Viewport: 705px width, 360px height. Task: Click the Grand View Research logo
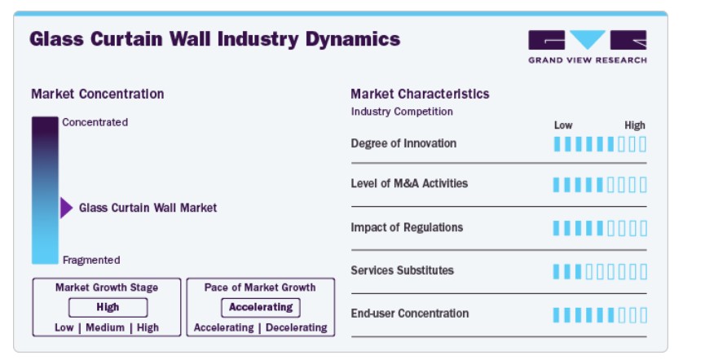(x=587, y=46)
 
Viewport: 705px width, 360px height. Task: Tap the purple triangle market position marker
(x=66, y=208)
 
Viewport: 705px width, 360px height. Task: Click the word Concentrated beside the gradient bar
(x=95, y=122)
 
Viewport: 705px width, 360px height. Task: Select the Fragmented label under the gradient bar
(x=91, y=260)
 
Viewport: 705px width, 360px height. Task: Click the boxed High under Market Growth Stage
(x=108, y=307)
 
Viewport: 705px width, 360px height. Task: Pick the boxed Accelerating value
(x=261, y=307)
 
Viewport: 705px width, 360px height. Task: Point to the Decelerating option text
(x=297, y=327)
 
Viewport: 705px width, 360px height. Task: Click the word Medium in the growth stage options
(x=105, y=327)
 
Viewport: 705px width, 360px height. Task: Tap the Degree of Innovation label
(x=403, y=143)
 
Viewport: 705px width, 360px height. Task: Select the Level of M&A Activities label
(x=409, y=183)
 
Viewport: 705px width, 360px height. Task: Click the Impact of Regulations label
(x=407, y=227)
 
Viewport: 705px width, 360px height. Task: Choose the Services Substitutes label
(x=403, y=270)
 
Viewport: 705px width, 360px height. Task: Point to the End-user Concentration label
(x=410, y=314)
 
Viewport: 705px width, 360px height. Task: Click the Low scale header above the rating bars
(x=563, y=125)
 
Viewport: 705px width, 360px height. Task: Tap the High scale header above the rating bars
(x=635, y=125)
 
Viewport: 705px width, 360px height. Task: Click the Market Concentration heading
(x=98, y=94)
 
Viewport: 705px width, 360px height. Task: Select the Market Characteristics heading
(x=420, y=94)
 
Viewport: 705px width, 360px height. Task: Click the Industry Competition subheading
(x=402, y=112)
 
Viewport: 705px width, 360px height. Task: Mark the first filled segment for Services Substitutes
(x=556, y=272)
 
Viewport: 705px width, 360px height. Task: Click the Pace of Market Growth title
(x=260, y=288)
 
